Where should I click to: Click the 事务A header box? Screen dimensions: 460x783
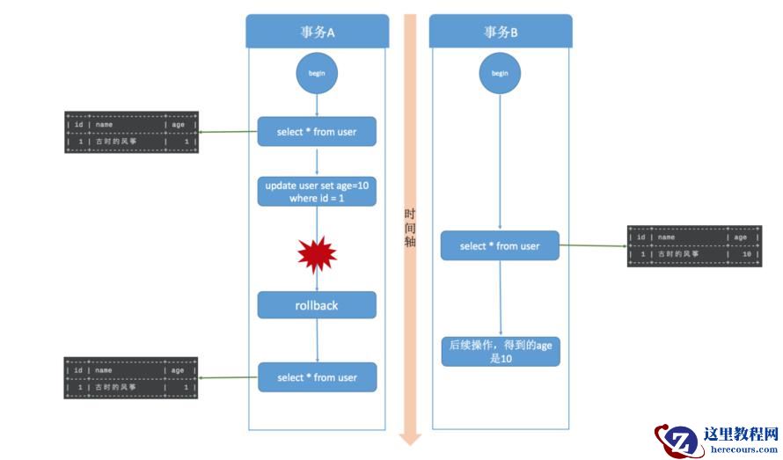click(x=317, y=32)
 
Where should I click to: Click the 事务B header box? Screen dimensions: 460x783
click(x=501, y=32)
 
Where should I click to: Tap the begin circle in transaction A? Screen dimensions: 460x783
click(x=317, y=73)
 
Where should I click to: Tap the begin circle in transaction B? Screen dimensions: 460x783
click(x=500, y=73)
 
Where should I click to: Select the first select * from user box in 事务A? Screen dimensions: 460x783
click(x=317, y=132)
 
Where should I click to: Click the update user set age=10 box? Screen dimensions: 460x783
click(x=317, y=191)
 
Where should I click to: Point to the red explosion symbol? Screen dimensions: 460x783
click(x=317, y=256)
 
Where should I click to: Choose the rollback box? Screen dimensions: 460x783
click(x=317, y=305)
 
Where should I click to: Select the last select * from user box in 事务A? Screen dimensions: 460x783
click(x=317, y=377)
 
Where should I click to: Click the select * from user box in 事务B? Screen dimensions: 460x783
click(x=500, y=246)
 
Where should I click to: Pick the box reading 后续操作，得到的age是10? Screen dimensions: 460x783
click(x=500, y=352)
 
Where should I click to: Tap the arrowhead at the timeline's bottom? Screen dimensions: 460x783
click(x=410, y=438)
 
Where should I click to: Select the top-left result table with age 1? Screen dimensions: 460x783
click(x=131, y=133)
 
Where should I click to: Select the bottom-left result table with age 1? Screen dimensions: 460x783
click(x=131, y=378)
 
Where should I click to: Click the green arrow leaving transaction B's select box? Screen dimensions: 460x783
click(x=593, y=245)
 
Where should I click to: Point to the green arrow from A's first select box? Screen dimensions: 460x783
click(x=228, y=133)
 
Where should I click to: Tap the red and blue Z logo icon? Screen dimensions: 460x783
click(x=679, y=439)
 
